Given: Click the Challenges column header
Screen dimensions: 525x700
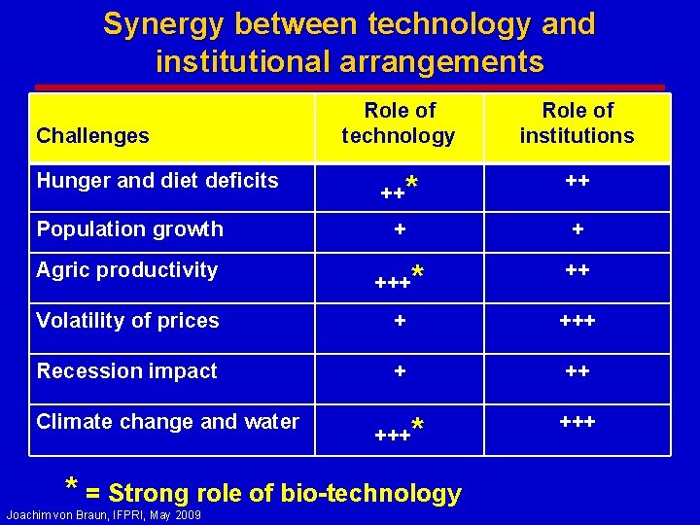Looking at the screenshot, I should pos(92,136).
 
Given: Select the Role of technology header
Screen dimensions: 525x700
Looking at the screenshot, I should pos(399,123).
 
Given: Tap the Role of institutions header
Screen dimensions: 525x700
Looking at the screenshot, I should pos(577,123).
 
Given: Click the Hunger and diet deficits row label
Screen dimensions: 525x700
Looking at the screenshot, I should pos(157,181).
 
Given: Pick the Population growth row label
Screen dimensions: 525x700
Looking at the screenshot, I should pos(129,229).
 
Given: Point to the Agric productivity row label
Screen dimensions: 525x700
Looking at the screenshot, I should pos(126,270).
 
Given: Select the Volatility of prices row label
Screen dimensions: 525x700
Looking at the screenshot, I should pos(127,321).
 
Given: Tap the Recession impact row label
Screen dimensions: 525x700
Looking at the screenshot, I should pos(126,371).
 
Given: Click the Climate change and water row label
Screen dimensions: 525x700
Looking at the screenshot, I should pos(167,422).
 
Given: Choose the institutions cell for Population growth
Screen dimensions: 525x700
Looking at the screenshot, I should pos(577,230).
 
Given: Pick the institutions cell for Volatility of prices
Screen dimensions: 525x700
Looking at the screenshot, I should pos(577,321).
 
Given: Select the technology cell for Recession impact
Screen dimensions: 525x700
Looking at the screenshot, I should pos(399,371).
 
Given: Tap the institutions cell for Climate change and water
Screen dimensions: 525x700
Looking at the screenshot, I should pos(577,422).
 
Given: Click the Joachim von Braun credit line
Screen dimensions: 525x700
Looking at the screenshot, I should pos(103,514).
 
